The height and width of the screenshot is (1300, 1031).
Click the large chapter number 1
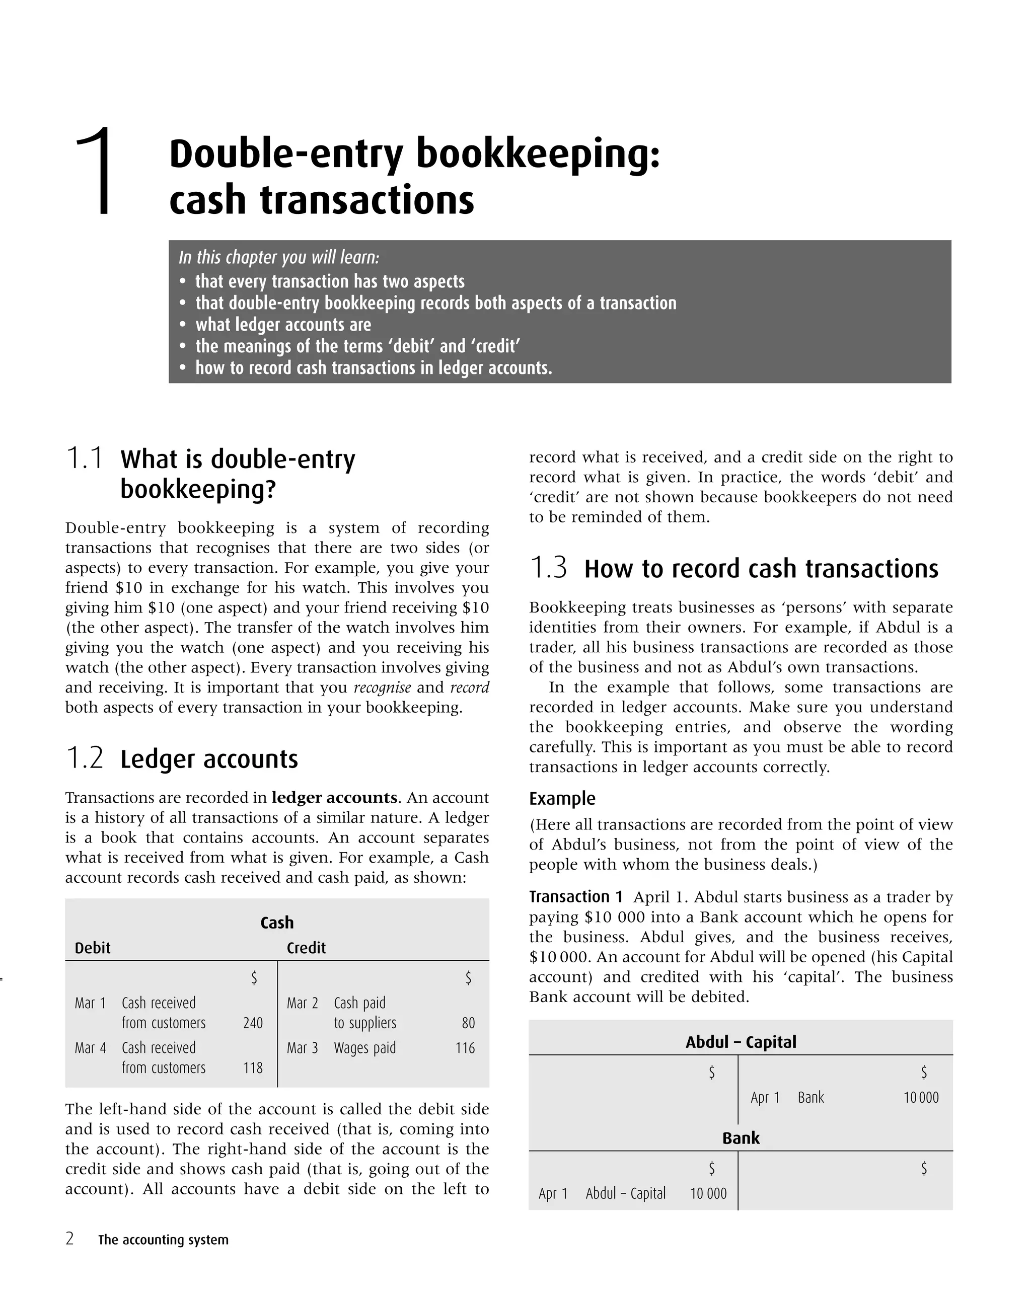pos(97,171)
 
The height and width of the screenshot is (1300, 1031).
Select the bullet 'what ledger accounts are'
pos(282,325)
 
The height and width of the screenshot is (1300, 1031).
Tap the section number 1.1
pos(85,458)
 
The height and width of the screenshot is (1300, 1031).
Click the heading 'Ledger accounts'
pos(209,759)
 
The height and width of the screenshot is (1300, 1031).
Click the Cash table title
pos(276,923)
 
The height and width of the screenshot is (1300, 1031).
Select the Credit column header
pos(306,948)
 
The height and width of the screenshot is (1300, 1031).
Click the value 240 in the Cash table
pos(253,1023)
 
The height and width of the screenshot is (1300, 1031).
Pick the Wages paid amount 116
pos(465,1048)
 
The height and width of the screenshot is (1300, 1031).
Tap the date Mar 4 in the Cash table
pos(90,1048)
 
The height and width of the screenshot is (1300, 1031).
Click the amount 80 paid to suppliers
pos(468,1023)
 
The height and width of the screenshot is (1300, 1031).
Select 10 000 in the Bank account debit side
pos(708,1193)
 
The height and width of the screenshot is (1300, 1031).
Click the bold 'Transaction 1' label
pos(575,897)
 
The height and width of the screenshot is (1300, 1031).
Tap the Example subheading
pos(562,798)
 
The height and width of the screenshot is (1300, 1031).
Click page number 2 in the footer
pos(70,1239)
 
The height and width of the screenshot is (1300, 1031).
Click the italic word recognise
pos(382,687)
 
